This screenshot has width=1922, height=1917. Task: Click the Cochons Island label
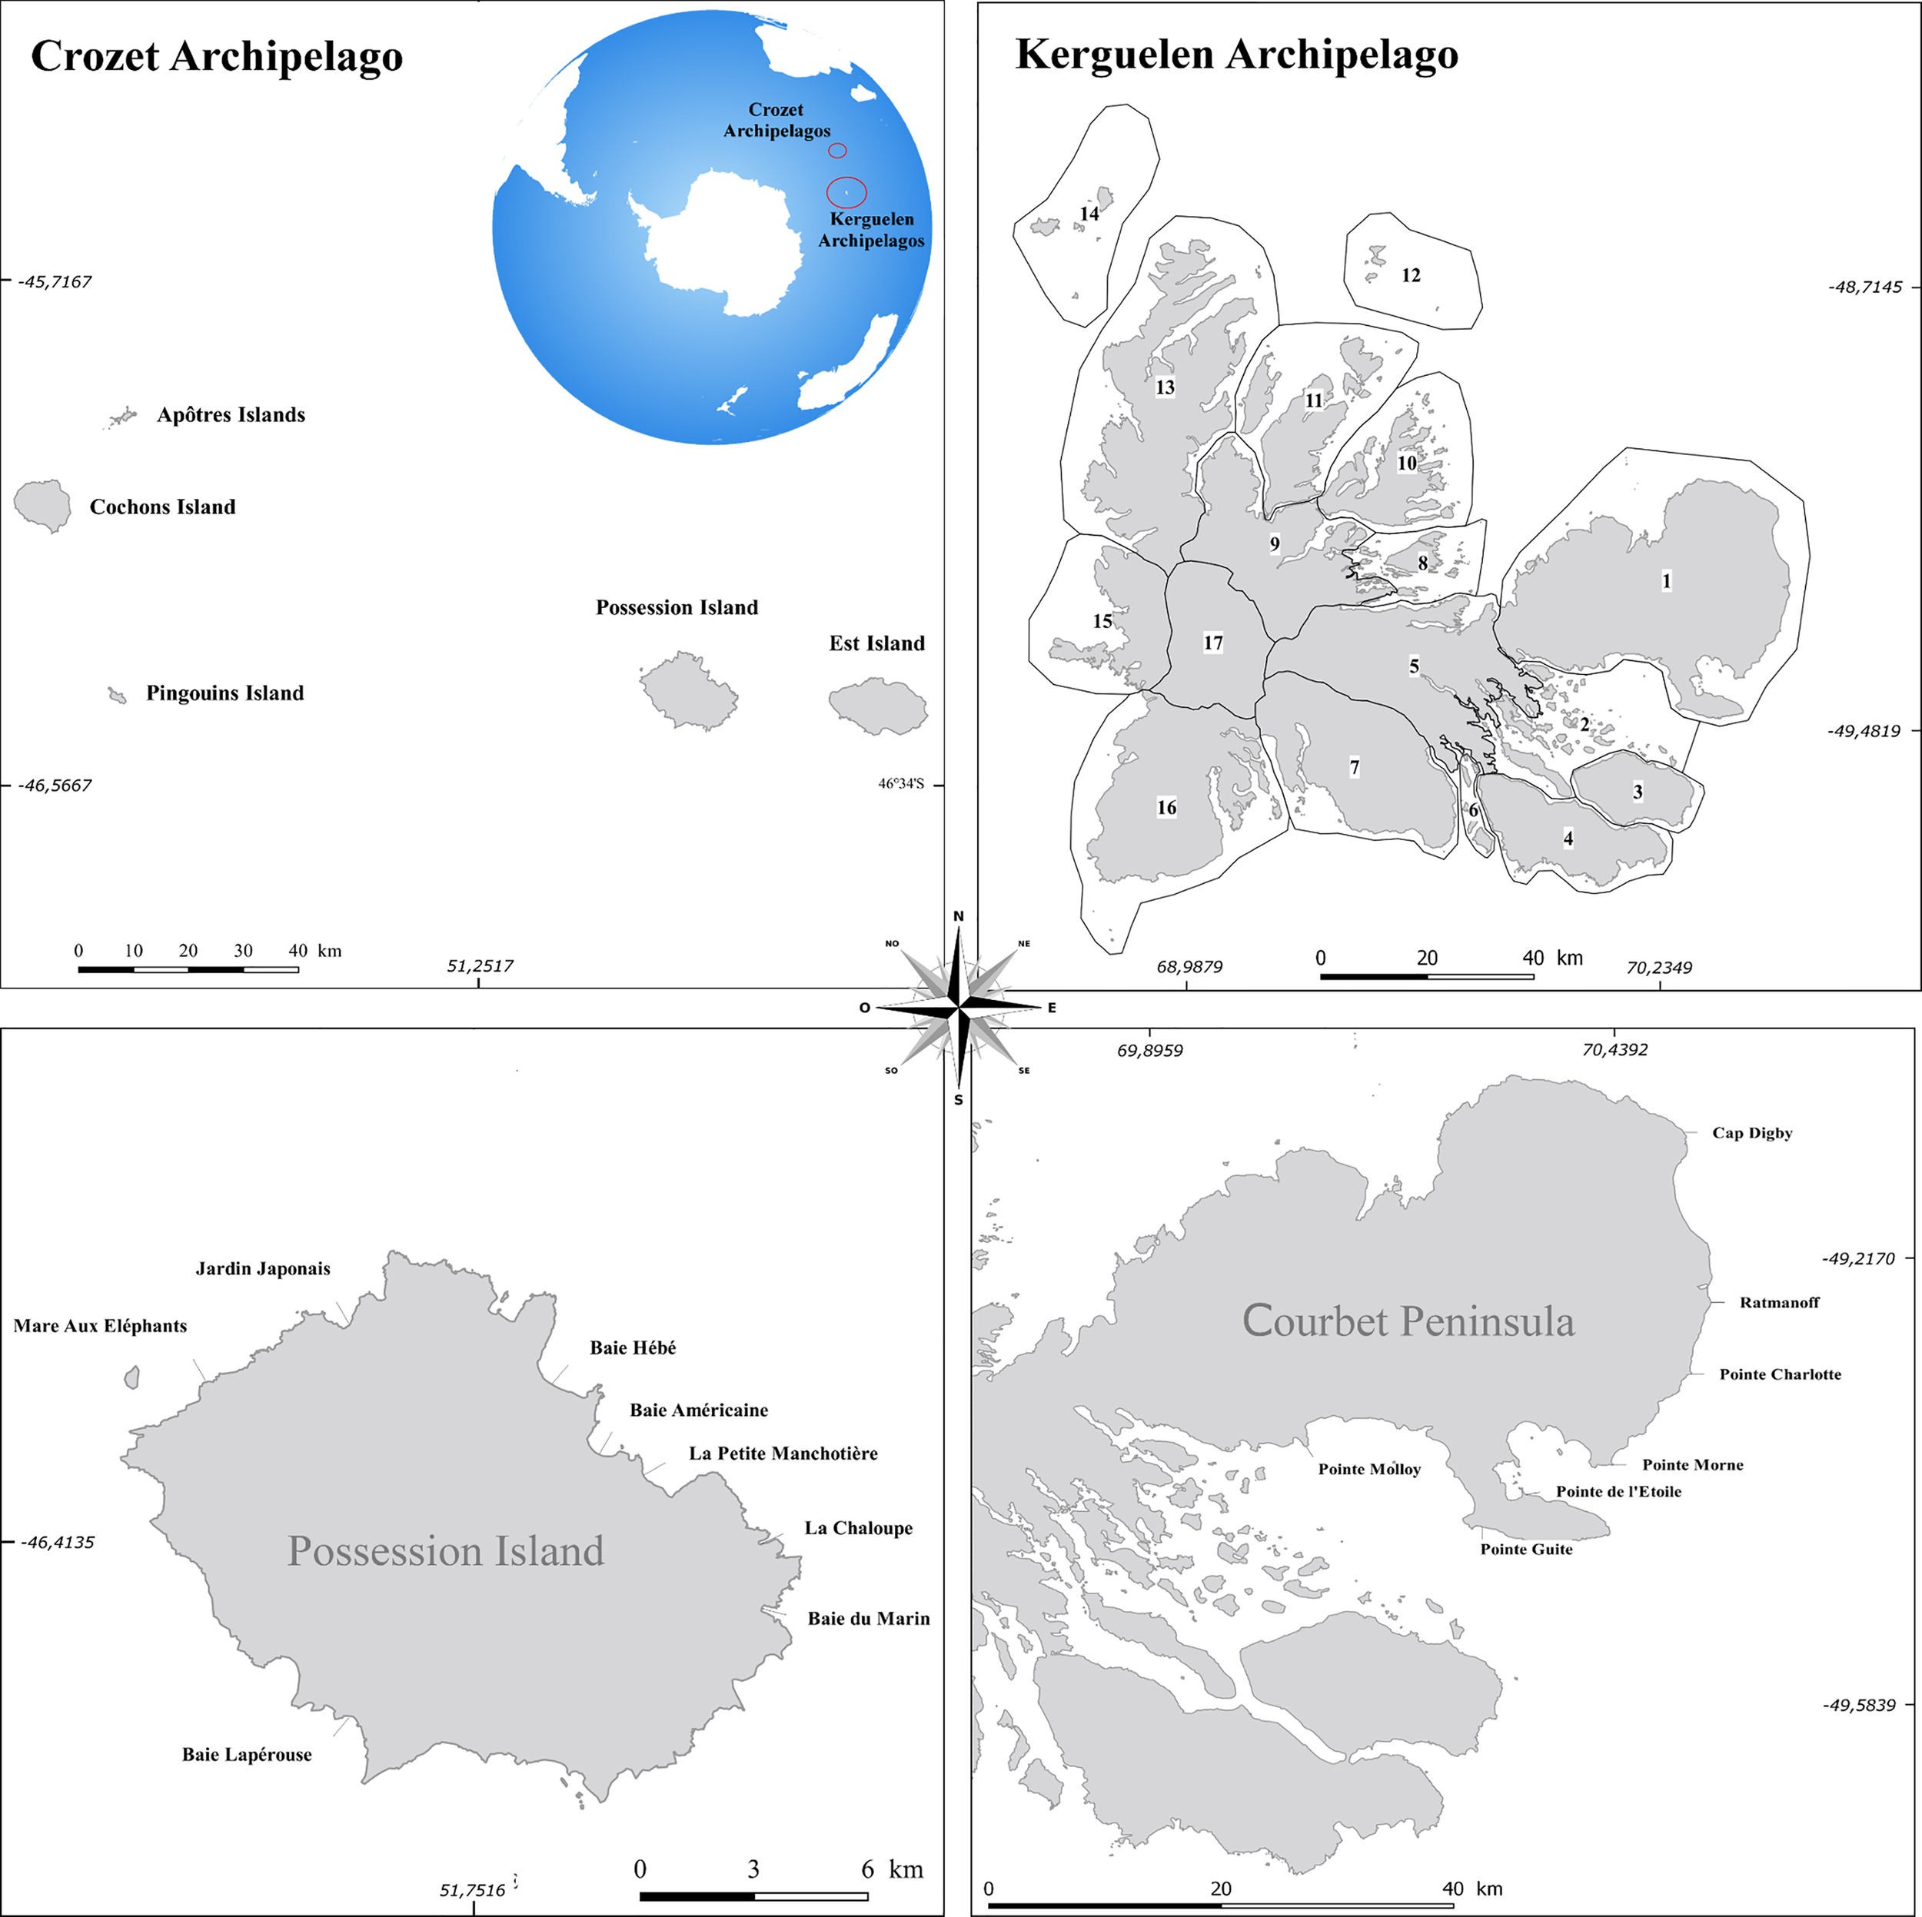(x=162, y=507)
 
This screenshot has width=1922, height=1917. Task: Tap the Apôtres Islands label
(x=231, y=415)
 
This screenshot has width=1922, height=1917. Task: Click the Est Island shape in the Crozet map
(x=877, y=706)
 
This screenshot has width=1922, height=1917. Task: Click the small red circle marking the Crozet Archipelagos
(x=838, y=150)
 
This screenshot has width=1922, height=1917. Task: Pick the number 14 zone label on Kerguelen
(x=1089, y=214)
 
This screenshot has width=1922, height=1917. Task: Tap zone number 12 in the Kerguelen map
(x=1411, y=276)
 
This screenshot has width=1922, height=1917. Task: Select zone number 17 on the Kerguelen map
(x=1212, y=643)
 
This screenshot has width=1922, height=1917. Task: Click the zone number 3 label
(x=1638, y=792)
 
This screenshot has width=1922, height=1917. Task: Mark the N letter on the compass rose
(x=958, y=916)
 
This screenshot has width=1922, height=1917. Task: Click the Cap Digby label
(x=1752, y=1133)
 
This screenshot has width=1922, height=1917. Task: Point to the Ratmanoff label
(x=1779, y=1302)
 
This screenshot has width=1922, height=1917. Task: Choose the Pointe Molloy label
(x=1369, y=1470)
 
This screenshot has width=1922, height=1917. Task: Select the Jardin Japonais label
(x=263, y=1268)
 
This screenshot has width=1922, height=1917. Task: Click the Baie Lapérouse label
(x=247, y=1755)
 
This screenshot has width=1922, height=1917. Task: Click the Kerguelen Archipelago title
(x=1236, y=54)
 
